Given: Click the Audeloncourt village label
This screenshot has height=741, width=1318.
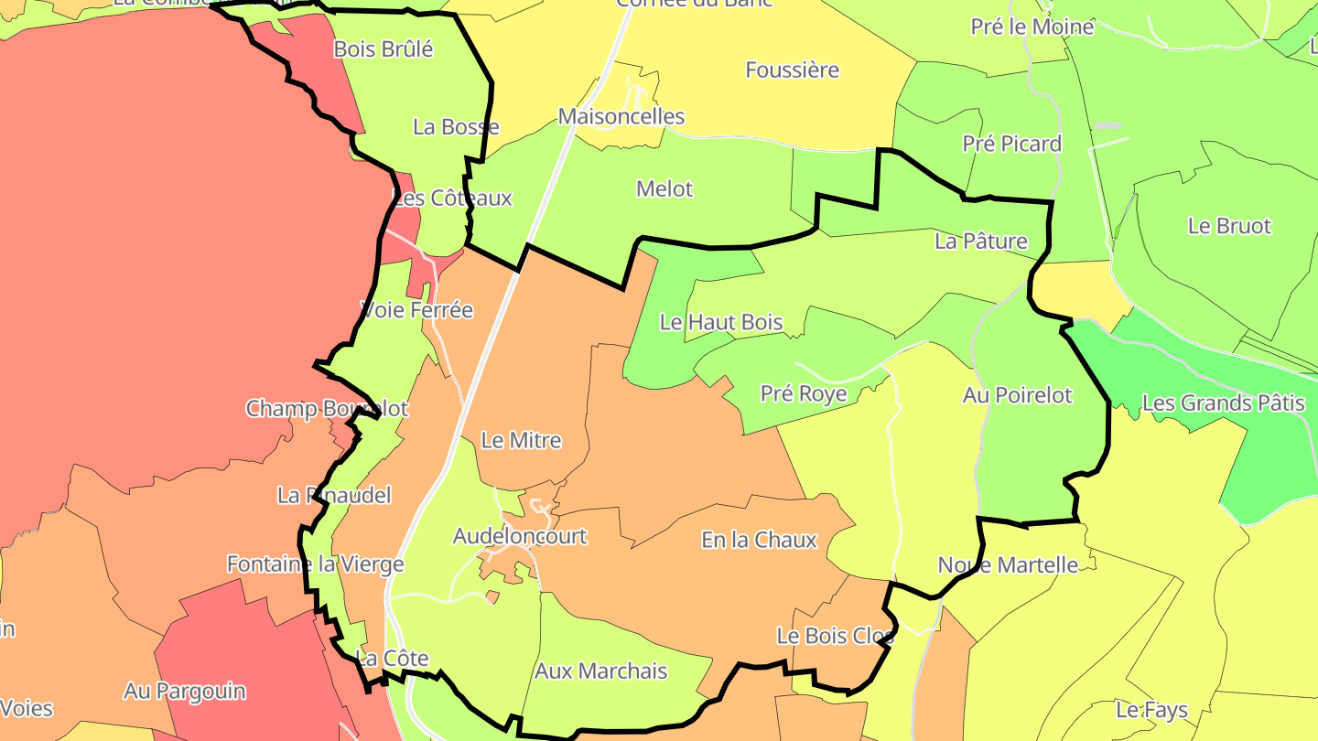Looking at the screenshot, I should click(x=520, y=536).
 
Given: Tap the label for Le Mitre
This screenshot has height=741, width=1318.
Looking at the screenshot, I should click(x=521, y=440).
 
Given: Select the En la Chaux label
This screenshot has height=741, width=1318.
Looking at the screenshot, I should click(x=759, y=540).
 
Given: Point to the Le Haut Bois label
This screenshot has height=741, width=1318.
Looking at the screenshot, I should click(x=721, y=322).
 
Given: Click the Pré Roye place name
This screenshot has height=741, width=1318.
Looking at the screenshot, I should click(x=804, y=393).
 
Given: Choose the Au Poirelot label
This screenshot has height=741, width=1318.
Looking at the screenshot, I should click(x=1017, y=395).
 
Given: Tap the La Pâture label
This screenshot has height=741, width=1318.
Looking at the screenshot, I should click(x=981, y=242).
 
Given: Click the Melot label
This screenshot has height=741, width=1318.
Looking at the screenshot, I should click(x=664, y=189).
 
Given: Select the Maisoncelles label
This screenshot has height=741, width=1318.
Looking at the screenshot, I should click(x=621, y=117).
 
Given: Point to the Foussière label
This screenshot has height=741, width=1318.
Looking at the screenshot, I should click(x=792, y=70).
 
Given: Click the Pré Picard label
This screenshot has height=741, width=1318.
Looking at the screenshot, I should click(x=1011, y=144).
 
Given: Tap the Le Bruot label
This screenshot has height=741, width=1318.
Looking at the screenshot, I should click(x=1229, y=226).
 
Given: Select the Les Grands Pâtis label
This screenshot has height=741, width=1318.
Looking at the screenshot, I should click(x=1223, y=403).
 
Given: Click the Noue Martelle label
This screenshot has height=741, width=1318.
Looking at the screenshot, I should click(x=1008, y=564).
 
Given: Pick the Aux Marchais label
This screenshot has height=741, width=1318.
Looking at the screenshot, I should click(x=600, y=671).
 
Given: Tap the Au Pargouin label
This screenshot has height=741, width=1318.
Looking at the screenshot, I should click(x=185, y=691).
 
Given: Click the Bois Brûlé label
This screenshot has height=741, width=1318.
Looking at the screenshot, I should click(x=384, y=49).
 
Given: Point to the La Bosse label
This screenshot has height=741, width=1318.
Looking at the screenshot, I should click(x=456, y=127).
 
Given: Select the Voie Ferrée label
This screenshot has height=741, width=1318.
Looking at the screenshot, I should click(x=417, y=310).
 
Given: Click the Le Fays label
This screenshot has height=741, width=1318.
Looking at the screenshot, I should click(x=1151, y=710).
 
